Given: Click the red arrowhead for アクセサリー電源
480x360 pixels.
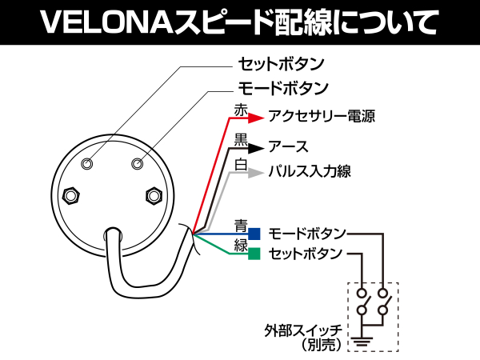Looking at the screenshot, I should (x=255, y=118).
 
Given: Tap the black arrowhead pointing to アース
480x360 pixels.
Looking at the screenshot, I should (x=255, y=148).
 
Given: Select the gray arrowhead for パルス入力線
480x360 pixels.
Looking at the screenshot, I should (x=255, y=172).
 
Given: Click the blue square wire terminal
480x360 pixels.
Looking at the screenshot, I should (x=254, y=234).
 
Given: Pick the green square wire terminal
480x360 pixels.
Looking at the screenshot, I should (x=254, y=254).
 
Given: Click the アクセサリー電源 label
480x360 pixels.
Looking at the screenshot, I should (x=322, y=118).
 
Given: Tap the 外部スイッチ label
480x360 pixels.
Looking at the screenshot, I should (x=304, y=330).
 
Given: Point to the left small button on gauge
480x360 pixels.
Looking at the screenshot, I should (x=88, y=163).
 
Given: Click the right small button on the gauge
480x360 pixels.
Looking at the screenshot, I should (x=136, y=163).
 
